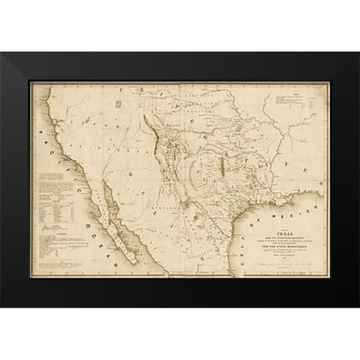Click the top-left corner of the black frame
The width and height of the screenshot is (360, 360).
click(x=3, y=55)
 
